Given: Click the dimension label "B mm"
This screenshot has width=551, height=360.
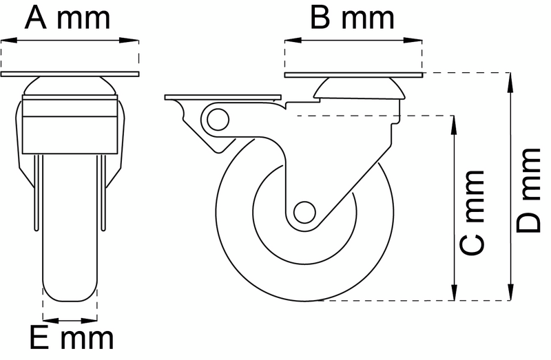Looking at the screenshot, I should [352, 18].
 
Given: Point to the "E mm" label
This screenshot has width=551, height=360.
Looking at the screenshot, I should [70, 339].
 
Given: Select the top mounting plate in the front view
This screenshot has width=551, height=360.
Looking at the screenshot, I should [70, 74].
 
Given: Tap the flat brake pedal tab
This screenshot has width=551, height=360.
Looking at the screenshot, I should [222, 96].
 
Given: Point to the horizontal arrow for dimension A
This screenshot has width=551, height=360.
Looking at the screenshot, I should [70, 40].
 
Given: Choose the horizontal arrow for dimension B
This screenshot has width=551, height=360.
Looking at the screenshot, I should [352, 40].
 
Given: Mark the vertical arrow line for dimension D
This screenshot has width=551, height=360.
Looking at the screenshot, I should [511, 186].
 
